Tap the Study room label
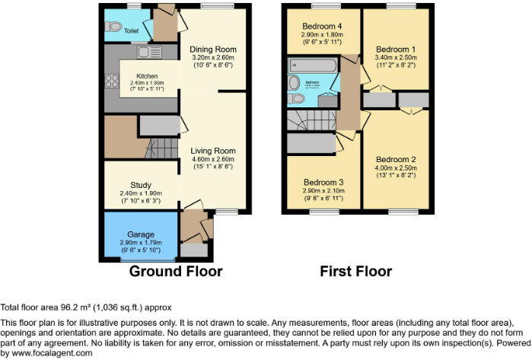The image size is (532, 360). tap(141, 185)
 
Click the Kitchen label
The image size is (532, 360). tap(147, 76)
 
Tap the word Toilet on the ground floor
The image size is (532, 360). tap(132, 32)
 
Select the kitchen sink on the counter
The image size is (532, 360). tap(145, 53)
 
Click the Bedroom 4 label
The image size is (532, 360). tap(321, 26)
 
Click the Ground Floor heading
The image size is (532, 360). tap(176, 271)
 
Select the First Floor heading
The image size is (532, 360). tap(356, 271)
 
